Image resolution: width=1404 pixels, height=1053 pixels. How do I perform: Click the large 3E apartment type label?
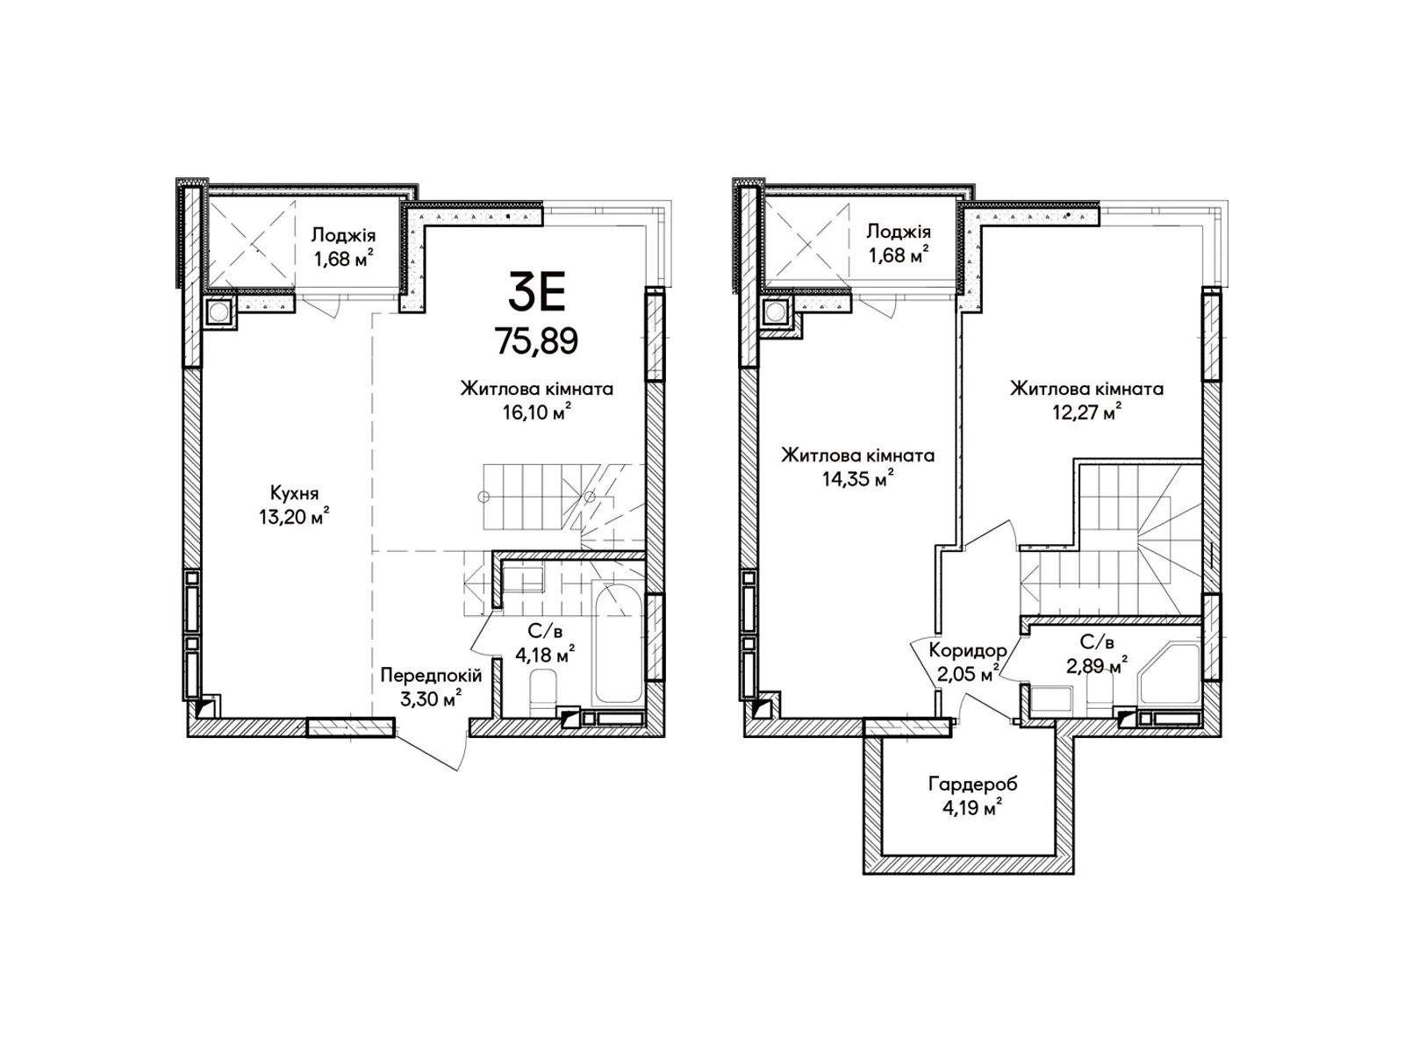point(537,290)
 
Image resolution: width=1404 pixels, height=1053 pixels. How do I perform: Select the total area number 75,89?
point(537,340)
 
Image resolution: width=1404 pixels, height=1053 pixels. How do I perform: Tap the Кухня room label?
point(294,493)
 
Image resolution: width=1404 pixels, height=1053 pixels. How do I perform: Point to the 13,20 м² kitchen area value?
point(294,516)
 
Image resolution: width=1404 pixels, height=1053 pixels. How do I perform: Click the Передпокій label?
point(431,675)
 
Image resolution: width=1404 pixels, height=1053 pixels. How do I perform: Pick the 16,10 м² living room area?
point(536,412)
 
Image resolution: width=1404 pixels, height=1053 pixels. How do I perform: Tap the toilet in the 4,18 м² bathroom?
point(543,692)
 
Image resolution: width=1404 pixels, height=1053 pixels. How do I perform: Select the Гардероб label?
point(972,784)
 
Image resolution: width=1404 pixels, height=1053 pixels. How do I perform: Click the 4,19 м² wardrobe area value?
point(972,807)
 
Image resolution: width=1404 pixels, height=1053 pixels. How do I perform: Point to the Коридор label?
point(968,650)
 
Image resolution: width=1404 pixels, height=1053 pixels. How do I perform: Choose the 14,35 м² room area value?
point(857,478)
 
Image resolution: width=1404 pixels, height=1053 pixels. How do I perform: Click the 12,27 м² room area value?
point(1086,412)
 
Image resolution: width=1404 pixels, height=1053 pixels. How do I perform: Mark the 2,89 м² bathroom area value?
point(1096,665)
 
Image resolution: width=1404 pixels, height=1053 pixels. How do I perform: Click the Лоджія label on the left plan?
point(343,235)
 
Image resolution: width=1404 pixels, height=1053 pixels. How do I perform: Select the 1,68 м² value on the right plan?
point(898,255)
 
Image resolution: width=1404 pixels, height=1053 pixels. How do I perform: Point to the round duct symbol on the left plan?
point(218,312)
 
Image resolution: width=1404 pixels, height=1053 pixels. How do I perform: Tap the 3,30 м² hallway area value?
point(431,698)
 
